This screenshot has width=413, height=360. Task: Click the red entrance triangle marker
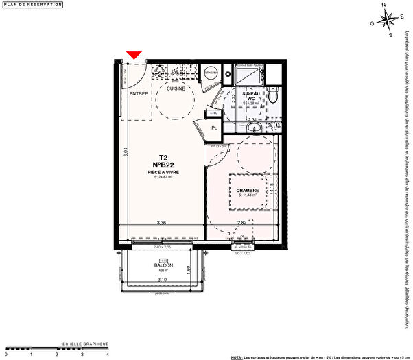pos(134,55)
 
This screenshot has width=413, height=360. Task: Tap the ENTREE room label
pos(139,93)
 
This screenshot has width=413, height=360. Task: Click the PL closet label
pos(215,128)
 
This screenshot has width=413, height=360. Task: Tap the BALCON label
pos(163,265)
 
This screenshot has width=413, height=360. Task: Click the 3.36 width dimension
pos(161,223)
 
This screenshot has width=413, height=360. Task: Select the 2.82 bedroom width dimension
pos(241,223)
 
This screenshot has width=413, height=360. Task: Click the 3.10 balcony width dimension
pos(162,280)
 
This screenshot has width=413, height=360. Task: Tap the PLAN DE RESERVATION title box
pos(32,5)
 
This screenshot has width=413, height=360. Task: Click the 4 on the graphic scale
pos(107,355)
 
